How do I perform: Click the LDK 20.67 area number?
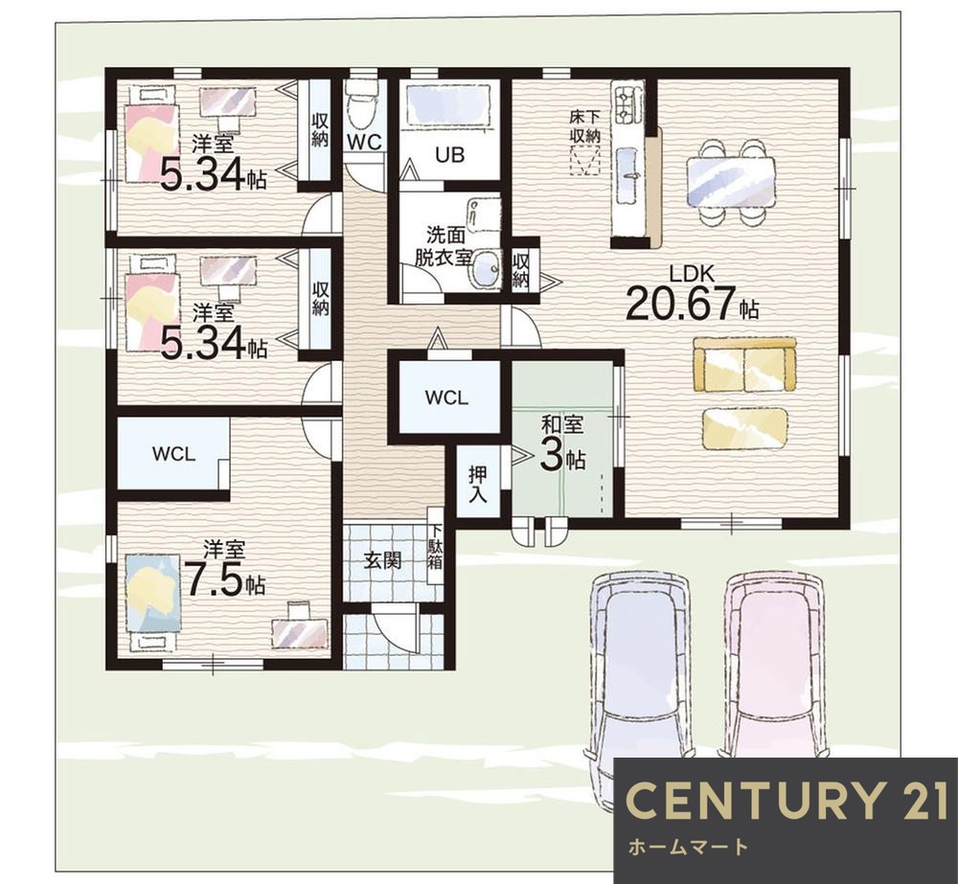coord(679,304)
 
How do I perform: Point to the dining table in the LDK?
coord(731,182)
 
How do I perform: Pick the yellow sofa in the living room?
coord(744,365)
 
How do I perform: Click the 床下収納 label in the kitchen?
coord(584,125)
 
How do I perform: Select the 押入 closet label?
coord(478,485)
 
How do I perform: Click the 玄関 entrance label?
coord(383,560)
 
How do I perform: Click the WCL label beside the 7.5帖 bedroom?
coord(173,454)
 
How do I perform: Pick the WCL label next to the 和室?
coord(446,398)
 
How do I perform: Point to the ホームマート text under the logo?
coord(688,847)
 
